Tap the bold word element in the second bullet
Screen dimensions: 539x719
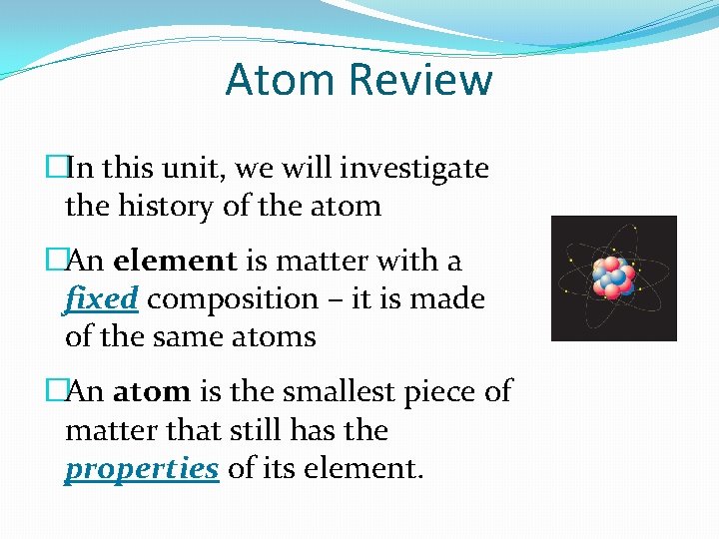point(175,262)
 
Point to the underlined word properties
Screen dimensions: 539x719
point(141,469)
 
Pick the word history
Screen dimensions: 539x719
point(156,207)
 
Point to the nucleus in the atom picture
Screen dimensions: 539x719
point(610,278)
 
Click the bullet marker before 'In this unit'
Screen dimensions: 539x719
point(55,169)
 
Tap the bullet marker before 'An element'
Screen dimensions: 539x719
point(55,262)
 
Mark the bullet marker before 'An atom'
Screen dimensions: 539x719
point(55,392)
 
